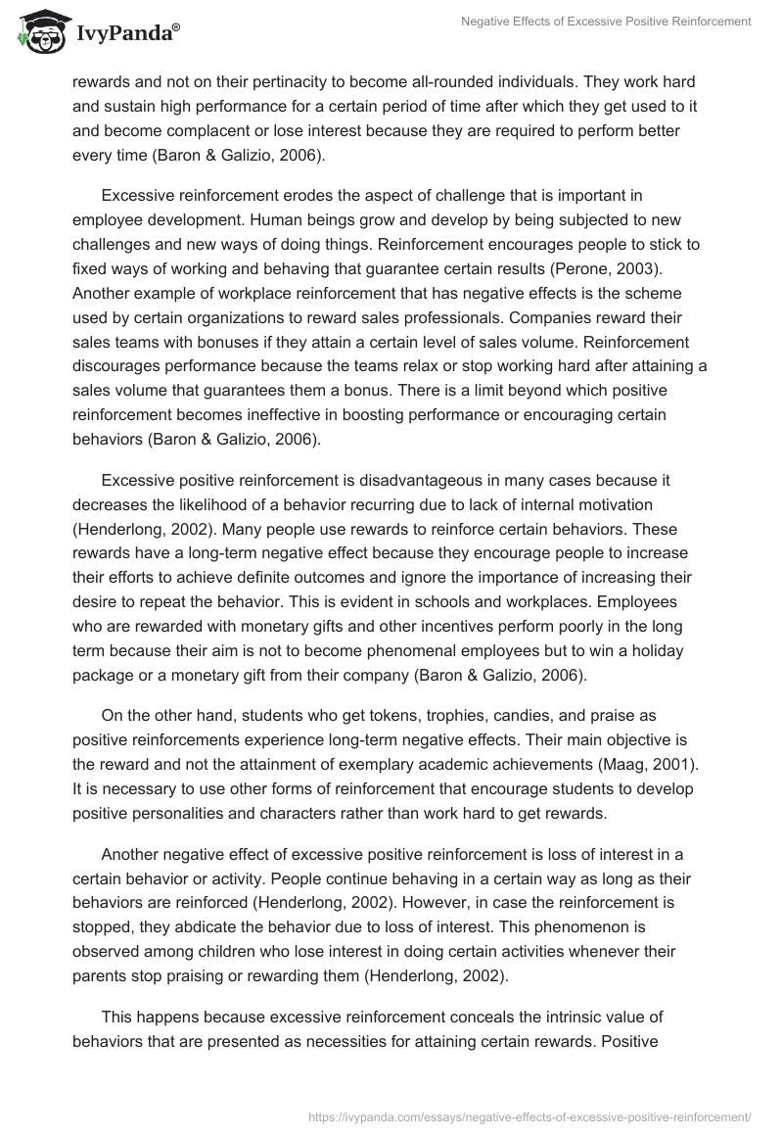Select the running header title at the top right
[x=607, y=21]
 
